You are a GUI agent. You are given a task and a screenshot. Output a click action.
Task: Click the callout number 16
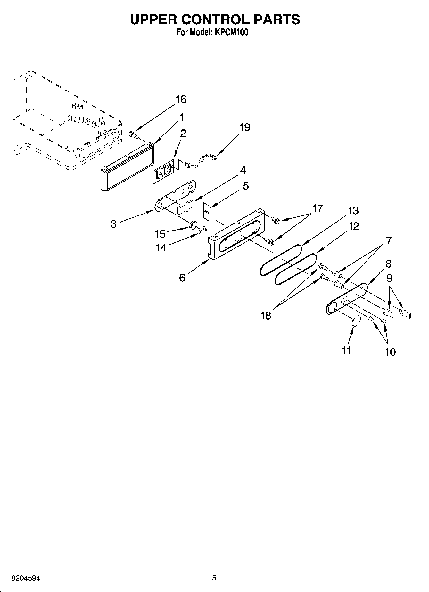coord(181,100)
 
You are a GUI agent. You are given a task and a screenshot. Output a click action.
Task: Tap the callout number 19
coord(245,127)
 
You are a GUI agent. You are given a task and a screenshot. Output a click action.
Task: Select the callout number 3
coord(113,224)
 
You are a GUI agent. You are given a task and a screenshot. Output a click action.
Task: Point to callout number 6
coord(182,277)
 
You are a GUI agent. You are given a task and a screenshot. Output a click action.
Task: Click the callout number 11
coord(346,351)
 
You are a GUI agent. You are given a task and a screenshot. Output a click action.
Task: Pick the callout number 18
coord(266,315)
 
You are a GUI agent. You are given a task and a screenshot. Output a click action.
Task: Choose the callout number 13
coord(353,211)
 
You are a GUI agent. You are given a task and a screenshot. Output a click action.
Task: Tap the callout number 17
coord(317,209)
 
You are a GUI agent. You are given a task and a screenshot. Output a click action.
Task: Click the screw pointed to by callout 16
coord(133,134)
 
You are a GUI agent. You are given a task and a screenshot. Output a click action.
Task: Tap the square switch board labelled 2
coord(163,174)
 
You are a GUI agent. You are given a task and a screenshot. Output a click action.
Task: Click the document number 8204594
coord(26,578)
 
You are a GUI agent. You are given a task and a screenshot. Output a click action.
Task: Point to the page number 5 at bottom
coord(214,578)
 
